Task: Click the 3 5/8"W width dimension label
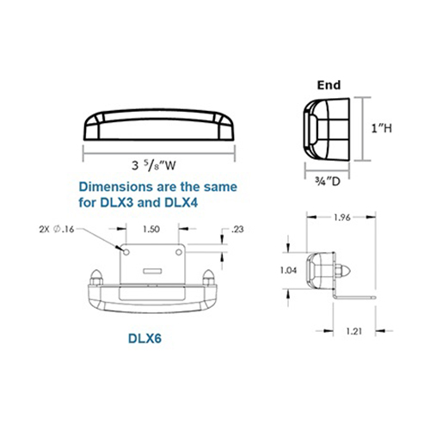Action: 153,165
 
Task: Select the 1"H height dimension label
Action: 382,128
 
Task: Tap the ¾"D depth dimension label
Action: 328,181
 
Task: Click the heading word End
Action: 329,85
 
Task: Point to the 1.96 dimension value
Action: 342,218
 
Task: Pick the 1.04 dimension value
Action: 288,270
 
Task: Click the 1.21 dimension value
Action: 354,331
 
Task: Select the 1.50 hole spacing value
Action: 151,229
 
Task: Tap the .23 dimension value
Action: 236,229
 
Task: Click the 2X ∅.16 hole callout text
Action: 57,230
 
